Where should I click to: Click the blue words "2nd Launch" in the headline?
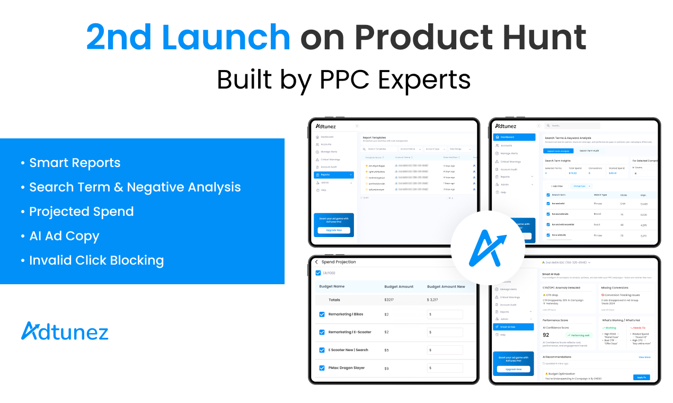click(x=188, y=37)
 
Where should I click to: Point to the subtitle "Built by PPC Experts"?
click(x=343, y=80)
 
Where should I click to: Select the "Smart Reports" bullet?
click(x=75, y=163)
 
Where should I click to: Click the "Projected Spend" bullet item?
click(x=81, y=212)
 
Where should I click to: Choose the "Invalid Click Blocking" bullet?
click(x=96, y=260)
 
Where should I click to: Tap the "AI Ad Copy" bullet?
click(x=64, y=236)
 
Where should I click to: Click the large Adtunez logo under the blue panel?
click(x=65, y=331)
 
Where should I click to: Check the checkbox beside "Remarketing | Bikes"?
click(x=322, y=314)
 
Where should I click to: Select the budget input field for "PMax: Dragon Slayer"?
click(x=445, y=368)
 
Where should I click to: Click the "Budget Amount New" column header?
click(x=446, y=286)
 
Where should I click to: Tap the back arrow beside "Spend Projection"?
click(x=316, y=262)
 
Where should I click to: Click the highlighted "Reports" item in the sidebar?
click(x=333, y=174)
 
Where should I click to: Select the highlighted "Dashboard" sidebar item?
click(x=514, y=137)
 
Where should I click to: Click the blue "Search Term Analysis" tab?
click(x=558, y=151)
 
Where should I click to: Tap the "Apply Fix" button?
click(x=641, y=377)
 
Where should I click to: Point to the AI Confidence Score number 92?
click(x=546, y=335)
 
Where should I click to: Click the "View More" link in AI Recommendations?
click(x=644, y=357)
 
